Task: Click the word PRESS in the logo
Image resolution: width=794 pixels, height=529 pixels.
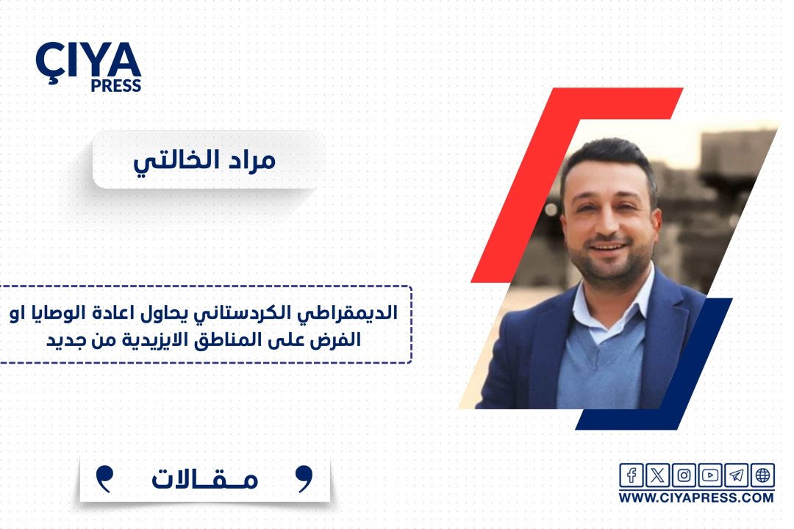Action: (116, 85)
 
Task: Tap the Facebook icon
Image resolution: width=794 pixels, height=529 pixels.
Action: (632, 475)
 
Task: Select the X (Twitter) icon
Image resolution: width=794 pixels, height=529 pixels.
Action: (657, 475)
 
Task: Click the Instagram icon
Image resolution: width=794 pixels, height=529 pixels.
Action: (684, 475)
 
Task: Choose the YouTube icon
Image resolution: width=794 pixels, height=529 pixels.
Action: (710, 475)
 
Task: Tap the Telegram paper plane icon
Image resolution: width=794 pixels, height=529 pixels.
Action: (736, 475)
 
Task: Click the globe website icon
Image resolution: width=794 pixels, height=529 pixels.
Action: (762, 475)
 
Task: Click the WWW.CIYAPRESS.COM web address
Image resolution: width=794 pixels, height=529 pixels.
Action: (696, 497)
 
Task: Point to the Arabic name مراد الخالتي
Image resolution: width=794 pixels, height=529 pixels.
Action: (204, 160)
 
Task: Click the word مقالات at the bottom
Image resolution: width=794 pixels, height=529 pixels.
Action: (205, 478)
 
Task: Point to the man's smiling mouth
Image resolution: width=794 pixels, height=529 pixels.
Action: (608, 248)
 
